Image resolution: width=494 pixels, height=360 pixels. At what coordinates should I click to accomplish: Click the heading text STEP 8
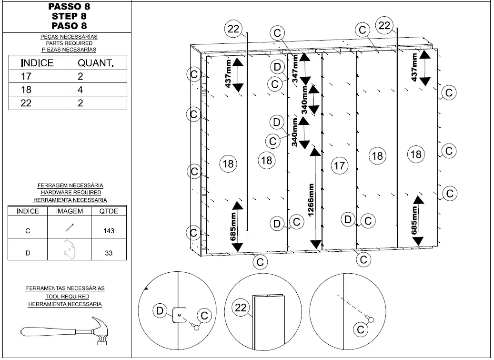pos(69,16)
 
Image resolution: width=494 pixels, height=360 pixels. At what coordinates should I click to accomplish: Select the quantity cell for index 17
pos(81,76)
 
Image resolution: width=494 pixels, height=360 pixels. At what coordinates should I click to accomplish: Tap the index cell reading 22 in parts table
pos(26,103)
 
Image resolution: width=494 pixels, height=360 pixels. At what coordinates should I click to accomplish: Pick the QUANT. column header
pos(96,63)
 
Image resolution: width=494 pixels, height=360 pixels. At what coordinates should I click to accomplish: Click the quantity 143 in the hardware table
pos(109,231)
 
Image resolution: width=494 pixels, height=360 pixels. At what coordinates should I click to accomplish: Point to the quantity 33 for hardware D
pos(109,253)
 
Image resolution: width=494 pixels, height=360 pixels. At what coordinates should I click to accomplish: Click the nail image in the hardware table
pos(70,228)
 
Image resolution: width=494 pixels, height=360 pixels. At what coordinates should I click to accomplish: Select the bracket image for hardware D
pos(70,249)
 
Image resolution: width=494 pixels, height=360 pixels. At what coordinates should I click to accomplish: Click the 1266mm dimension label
pos(311,200)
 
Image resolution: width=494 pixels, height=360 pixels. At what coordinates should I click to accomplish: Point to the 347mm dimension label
pos(295,69)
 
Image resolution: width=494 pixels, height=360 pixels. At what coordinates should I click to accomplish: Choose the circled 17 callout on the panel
pos(339,165)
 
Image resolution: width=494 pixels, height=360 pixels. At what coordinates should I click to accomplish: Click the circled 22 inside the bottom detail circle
pos(241,308)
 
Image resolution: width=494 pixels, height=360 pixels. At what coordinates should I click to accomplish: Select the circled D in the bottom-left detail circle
pos(161,311)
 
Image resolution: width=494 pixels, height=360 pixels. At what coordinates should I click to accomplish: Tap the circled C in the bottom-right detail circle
pos(361,329)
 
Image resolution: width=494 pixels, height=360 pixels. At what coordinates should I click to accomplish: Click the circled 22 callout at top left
pos(233,29)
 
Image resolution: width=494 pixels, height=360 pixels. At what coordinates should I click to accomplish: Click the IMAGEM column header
pos(70,211)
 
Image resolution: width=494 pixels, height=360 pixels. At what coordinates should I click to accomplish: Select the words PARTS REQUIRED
pos(69,43)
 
